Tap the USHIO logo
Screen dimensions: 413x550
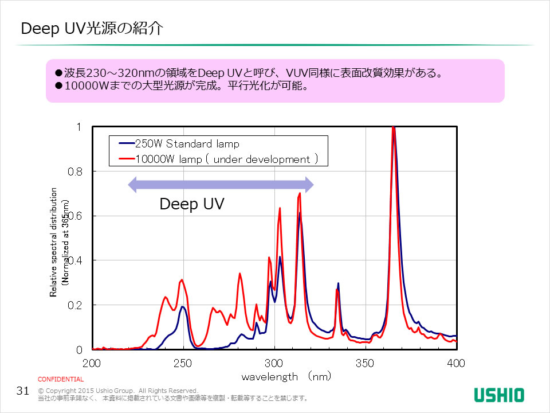tap(498, 395)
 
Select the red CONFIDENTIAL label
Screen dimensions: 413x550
tap(61, 379)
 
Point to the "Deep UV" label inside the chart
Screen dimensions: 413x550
tap(191, 204)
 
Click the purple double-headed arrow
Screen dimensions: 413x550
tap(221, 184)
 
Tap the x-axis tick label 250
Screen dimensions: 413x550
tap(183, 363)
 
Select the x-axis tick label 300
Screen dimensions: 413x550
tap(274, 363)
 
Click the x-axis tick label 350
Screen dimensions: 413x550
tap(365, 363)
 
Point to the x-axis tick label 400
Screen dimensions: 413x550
tap(456, 363)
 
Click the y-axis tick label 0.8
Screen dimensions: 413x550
tap(76, 172)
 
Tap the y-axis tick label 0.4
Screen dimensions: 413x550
tap(76, 260)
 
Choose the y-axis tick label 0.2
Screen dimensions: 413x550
tap(76, 305)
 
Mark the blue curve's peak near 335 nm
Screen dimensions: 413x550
tap(339, 283)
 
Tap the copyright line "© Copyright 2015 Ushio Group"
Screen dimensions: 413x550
tap(117, 390)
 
